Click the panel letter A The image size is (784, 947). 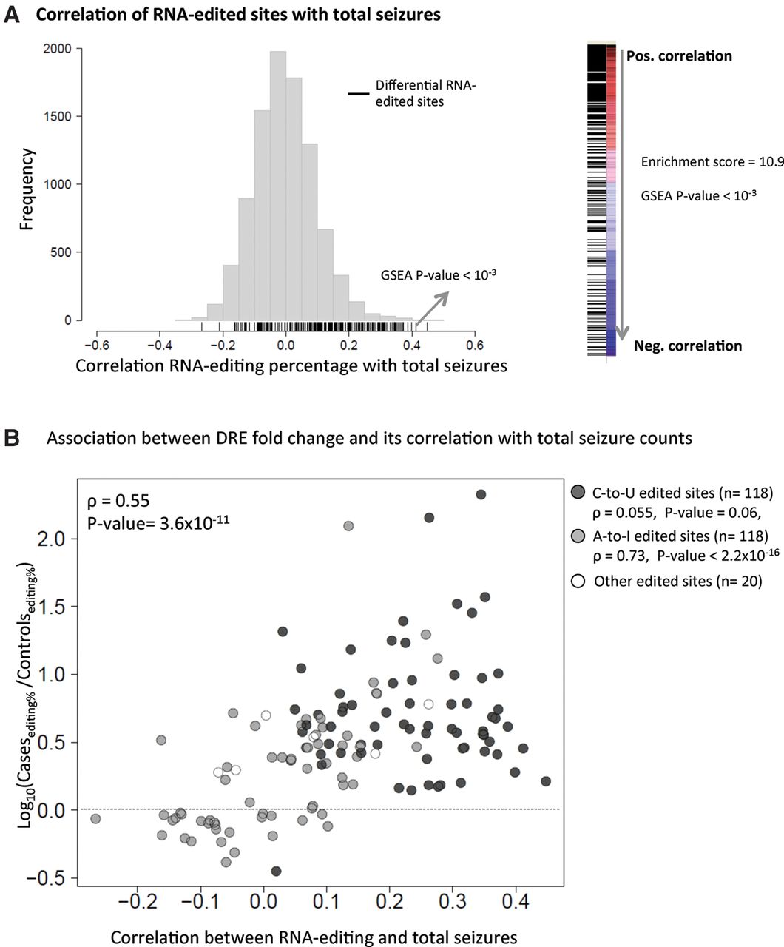pos(12,13)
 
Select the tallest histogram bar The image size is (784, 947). pos(278,185)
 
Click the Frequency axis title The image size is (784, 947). pos(27,189)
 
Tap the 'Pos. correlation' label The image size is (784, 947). pos(679,55)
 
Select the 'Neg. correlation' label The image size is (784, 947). pos(688,346)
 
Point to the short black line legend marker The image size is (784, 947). pos(359,94)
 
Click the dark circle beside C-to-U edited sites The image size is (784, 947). pos(578,493)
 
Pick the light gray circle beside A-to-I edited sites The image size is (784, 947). pos(578,536)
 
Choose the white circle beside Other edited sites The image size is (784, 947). pos(578,581)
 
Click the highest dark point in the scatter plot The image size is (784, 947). pos(480,494)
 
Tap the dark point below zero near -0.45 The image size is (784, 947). pos(276,871)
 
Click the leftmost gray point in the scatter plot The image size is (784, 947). pos(95,818)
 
